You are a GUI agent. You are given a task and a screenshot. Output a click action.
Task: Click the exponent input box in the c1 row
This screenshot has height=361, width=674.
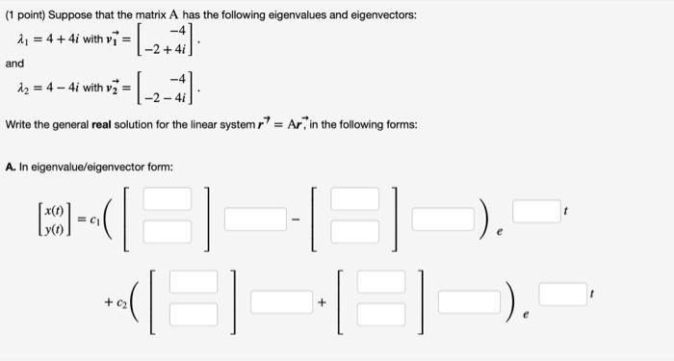[x=534, y=209]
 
